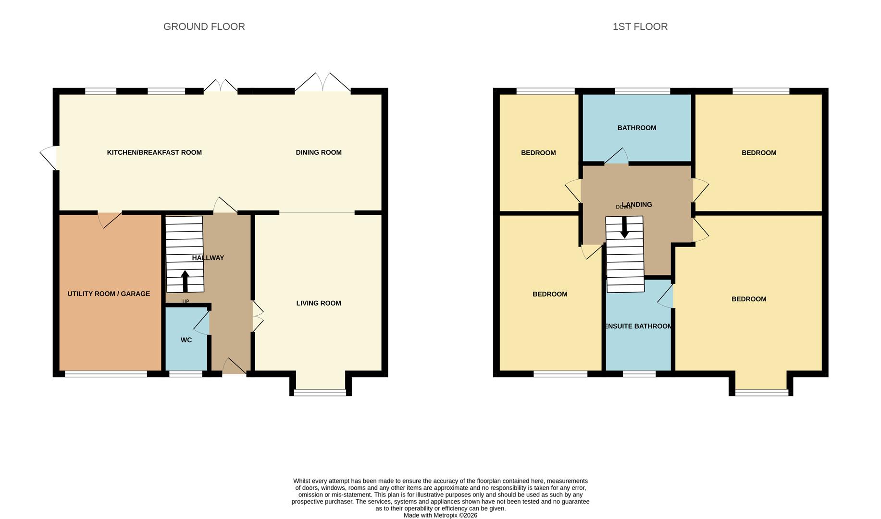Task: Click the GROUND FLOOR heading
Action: click(204, 26)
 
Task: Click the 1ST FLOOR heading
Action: click(640, 26)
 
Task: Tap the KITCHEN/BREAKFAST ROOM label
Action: click(154, 152)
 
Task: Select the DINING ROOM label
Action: click(319, 152)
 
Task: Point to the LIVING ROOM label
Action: click(319, 303)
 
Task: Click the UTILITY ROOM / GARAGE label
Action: click(109, 294)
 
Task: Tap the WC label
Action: click(186, 340)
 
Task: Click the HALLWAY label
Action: click(208, 258)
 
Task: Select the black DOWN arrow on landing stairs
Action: click(624, 227)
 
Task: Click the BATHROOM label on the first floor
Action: click(637, 127)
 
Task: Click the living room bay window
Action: click(320, 393)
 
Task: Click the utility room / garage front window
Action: click(106, 374)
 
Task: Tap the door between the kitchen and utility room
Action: click(110, 219)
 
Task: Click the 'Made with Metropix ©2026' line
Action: click(440, 515)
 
